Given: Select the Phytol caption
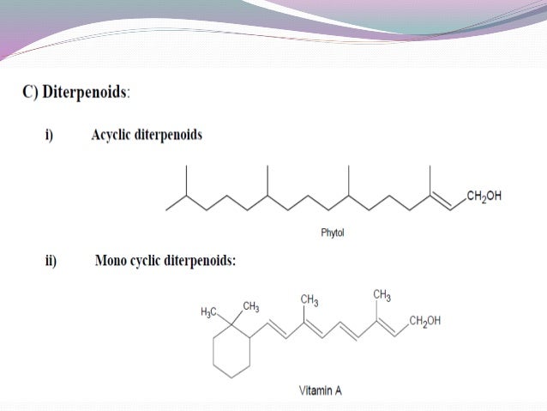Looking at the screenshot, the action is coord(332,232).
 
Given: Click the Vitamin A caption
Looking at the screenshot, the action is coord(321,390).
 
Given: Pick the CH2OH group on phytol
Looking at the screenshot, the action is coord(484,196).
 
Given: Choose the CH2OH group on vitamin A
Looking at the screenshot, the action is coord(425,321).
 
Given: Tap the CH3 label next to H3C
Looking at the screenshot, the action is coord(252,305).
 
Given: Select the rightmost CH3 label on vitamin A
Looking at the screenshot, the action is coord(382,296).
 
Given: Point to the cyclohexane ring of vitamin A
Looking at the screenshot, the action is coord(231,354).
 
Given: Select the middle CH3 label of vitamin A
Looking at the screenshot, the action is coord(310,299).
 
